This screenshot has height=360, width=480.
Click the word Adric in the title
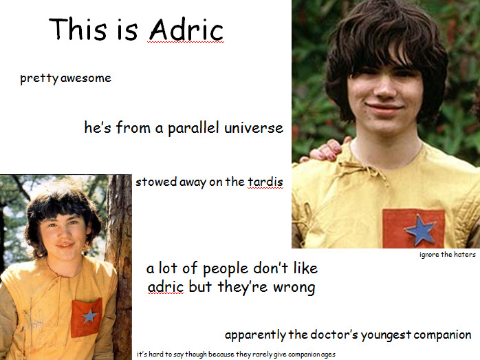click(x=186, y=30)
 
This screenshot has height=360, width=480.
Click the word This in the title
click(x=78, y=29)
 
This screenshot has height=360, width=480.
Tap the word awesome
click(x=86, y=78)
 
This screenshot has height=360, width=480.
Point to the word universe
click(x=254, y=128)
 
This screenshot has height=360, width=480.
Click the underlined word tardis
click(x=265, y=182)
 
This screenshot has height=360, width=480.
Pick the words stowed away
click(x=171, y=182)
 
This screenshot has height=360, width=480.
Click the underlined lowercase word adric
click(x=166, y=287)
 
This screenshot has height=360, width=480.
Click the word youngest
click(x=386, y=335)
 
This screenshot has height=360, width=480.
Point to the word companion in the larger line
click(x=442, y=335)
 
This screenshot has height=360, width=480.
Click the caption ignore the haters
click(x=448, y=255)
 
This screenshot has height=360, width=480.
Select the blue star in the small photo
click(x=89, y=316)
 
